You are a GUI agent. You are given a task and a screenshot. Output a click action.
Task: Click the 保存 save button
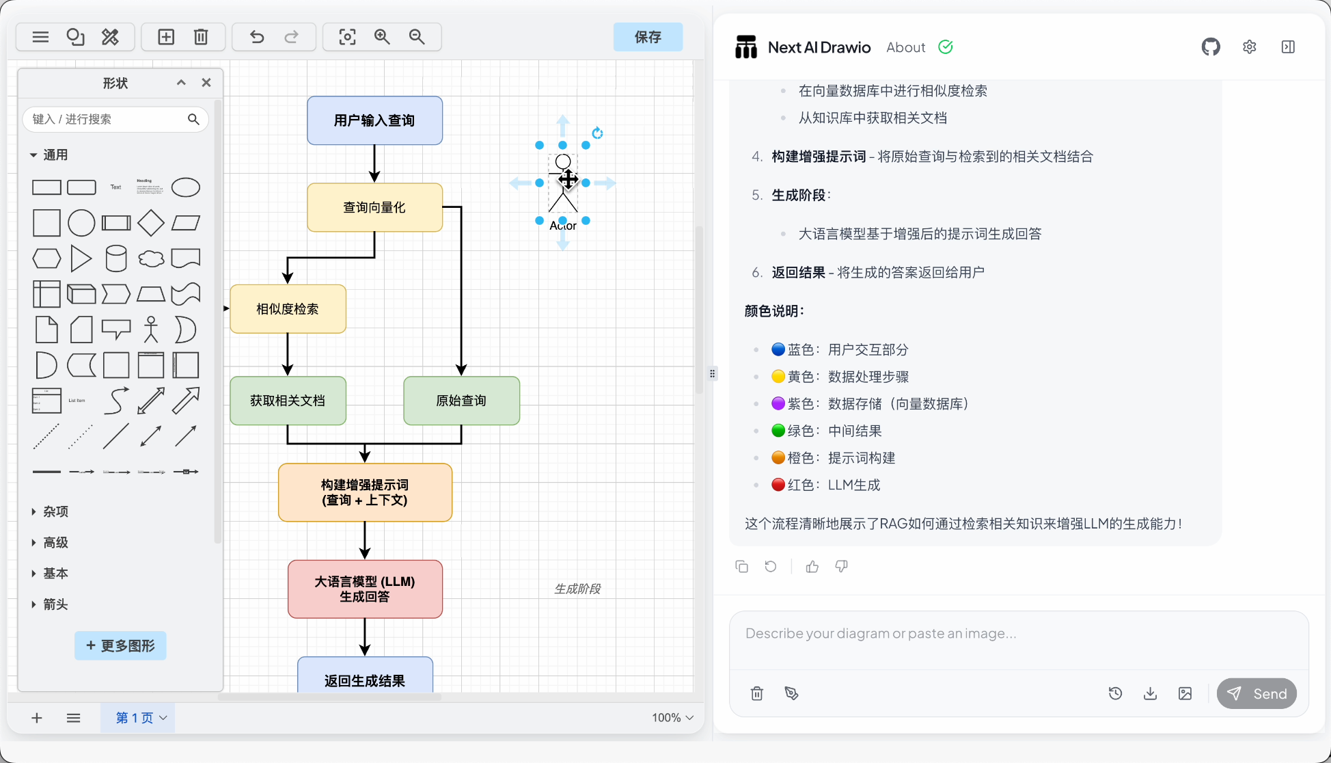coord(647,37)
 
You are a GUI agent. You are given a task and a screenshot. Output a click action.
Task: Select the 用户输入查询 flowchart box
coord(374,120)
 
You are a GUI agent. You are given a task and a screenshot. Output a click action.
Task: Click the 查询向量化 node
coord(374,207)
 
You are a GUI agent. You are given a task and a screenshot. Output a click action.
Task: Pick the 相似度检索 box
coord(288,309)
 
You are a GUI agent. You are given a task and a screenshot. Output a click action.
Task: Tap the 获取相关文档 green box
coord(288,401)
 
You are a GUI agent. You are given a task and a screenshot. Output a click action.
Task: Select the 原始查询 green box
coord(461,401)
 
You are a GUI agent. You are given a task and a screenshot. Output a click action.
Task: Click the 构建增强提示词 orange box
coord(365,492)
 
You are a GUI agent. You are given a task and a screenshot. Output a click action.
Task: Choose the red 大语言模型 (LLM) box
coord(365,589)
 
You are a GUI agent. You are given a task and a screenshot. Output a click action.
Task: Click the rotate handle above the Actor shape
coord(597,133)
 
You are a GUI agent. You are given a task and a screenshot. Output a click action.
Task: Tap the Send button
coord(1257,693)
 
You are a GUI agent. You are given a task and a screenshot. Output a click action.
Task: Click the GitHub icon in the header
coord(1211,47)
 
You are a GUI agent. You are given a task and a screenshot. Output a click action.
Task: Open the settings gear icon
coord(1249,47)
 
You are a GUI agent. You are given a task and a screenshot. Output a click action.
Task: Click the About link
coord(905,47)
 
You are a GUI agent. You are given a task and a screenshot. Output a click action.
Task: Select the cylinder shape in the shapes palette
coord(116,258)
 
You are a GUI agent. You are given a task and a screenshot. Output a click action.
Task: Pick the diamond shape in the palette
coord(150,223)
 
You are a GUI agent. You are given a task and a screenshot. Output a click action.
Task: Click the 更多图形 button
coord(120,645)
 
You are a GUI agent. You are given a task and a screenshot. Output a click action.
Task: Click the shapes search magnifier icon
coord(193,119)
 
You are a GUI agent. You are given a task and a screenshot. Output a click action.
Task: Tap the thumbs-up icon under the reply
coord(812,566)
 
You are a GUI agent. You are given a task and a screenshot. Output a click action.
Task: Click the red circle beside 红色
coord(778,485)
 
